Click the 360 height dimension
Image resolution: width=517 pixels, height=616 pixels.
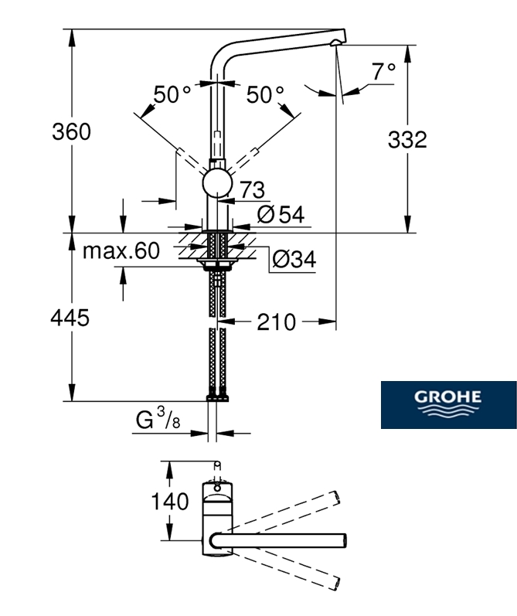click(x=71, y=131)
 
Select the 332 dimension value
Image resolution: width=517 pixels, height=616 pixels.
click(x=407, y=139)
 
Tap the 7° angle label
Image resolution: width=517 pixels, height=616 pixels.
click(x=383, y=72)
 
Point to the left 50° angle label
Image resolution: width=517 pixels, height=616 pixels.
click(x=172, y=94)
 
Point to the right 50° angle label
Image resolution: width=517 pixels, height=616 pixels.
click(x=265, y=94)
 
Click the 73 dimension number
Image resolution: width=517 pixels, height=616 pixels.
click(x=252, y=189)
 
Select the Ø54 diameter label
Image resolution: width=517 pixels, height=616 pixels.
click(x=280, y=215)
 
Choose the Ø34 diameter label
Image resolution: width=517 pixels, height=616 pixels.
click(x=293, y=260)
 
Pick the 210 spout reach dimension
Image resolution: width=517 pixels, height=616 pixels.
click(x=275, y=321)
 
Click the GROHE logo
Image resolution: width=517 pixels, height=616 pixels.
click(x=448, y=405)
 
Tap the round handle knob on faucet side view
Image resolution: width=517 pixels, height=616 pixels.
click(x=216, y=186)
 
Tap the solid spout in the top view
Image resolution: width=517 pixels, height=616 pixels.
click(x=286, y=538)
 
